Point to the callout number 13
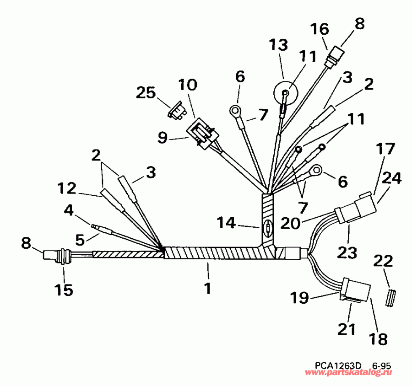tap(278, 45)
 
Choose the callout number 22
tap(383, 261)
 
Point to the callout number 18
tap(378, 338)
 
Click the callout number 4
tap(69, 211)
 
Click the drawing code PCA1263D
tap(338, 366)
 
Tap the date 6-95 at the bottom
tap(381, 366)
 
